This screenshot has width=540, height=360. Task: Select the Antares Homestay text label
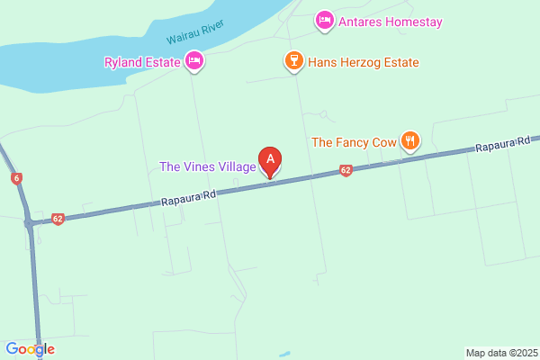tap(391, 21)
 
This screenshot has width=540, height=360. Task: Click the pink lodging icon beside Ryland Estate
tap(193, 61)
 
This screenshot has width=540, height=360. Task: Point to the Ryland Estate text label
tap(140, 62)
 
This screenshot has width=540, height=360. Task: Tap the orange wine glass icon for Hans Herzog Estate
tap(292, 61)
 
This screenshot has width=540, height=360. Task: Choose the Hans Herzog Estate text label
tap(363, 62)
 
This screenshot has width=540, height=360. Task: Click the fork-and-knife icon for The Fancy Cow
tap(410, 139)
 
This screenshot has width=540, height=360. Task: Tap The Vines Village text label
tap(206, 166)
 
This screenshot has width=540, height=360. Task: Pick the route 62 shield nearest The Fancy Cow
tap(346, 170)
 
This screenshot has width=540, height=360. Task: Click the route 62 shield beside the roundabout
tap(58, 218)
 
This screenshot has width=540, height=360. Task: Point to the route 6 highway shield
tap(17, 178)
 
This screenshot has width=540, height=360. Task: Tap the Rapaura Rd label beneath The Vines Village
tap(189, 197)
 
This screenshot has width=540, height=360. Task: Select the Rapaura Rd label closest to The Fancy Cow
tap(499, 148)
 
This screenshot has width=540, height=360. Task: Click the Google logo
tap(30, 349)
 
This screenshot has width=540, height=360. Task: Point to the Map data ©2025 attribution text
tap(500, 352)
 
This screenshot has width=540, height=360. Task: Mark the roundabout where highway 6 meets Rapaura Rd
tap(31, 222)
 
